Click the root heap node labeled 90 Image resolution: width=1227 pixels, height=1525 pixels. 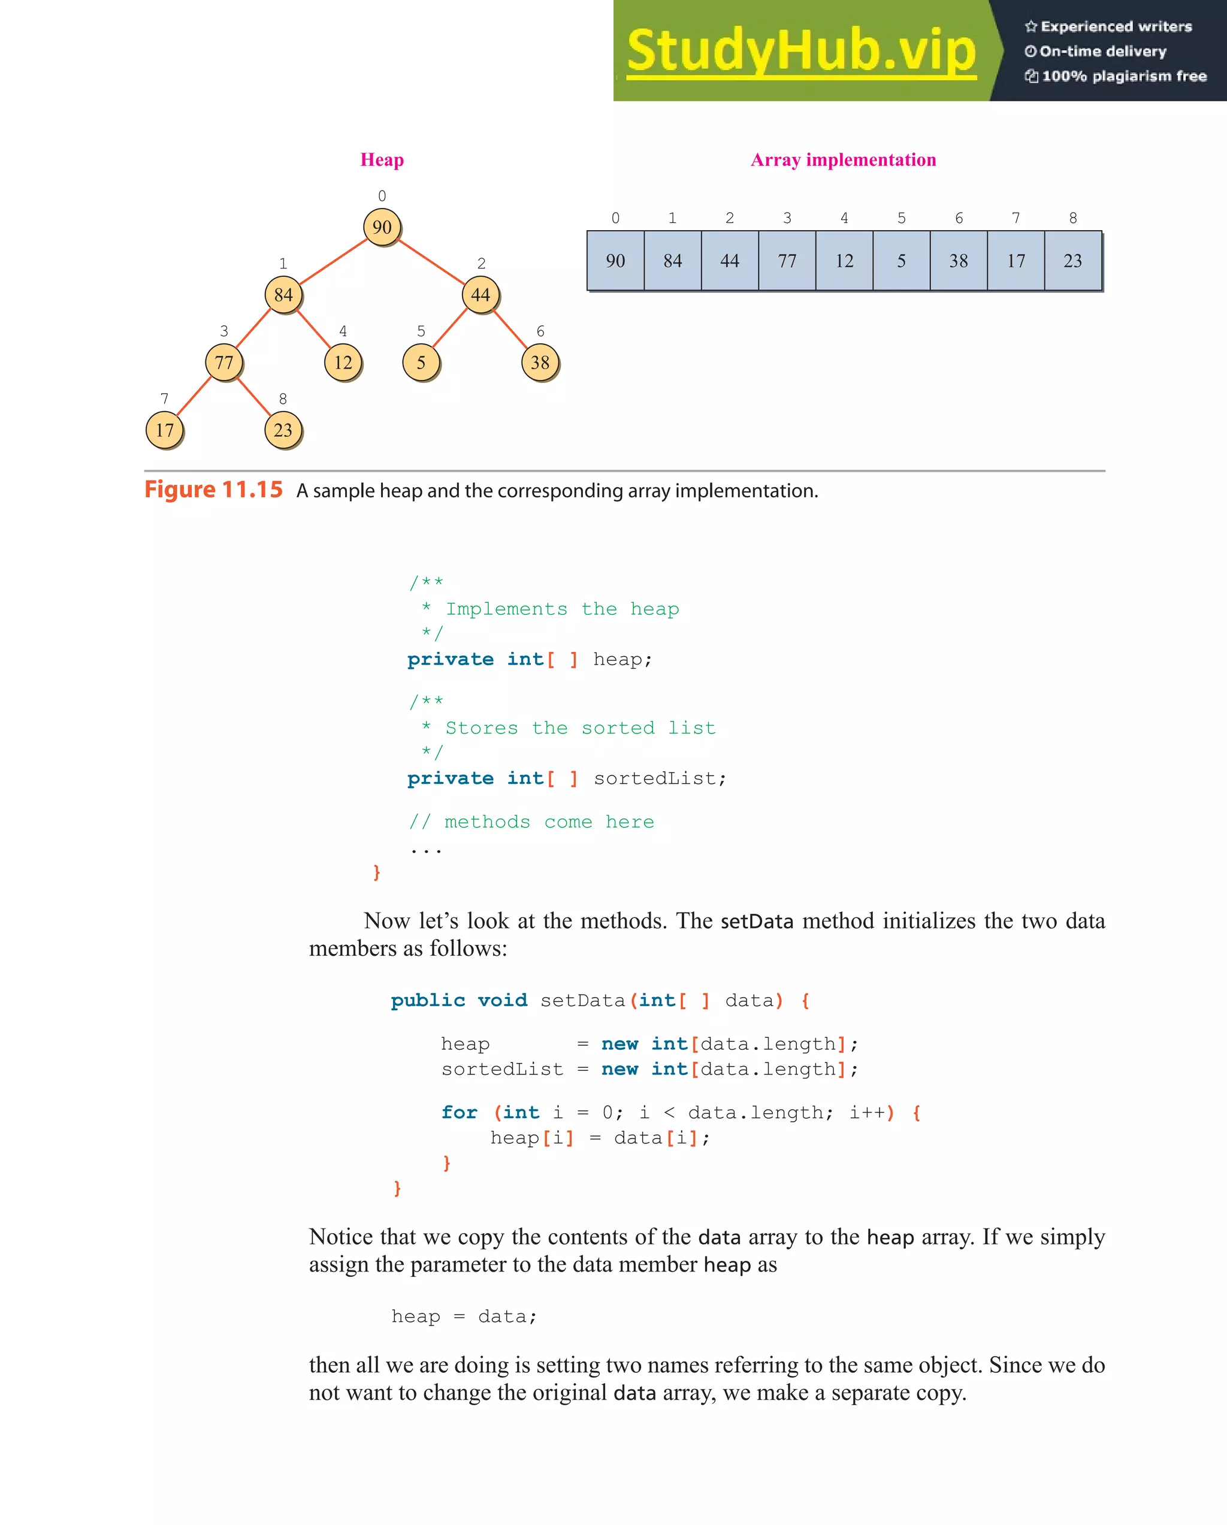382,227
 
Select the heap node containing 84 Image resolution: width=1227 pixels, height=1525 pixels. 283,295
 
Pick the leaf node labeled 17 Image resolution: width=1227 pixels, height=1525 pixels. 164,430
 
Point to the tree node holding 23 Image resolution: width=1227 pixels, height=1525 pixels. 283,430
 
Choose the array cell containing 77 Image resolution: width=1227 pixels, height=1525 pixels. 787,261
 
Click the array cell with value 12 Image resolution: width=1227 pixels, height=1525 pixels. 844,261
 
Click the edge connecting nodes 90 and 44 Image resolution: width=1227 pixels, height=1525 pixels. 431,261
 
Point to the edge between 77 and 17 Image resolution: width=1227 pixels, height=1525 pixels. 194,396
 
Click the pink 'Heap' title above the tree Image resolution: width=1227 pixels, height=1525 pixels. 382,160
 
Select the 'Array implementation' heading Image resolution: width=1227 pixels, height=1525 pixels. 843,160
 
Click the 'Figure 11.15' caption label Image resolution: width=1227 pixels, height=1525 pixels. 213,490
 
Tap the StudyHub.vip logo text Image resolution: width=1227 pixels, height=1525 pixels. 801,51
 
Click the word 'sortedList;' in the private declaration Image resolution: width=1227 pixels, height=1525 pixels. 660,778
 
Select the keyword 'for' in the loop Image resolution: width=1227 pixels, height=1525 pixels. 459,1113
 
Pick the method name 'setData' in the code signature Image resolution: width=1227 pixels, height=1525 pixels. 582,1000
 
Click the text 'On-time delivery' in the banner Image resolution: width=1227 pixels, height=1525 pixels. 1102,51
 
